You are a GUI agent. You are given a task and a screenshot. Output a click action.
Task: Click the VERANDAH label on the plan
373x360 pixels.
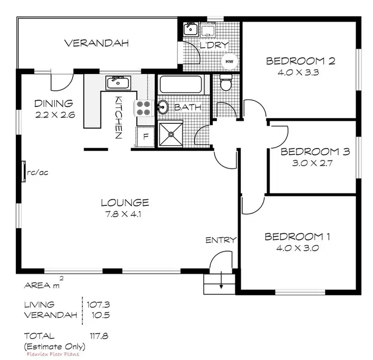click(x=97, y=44)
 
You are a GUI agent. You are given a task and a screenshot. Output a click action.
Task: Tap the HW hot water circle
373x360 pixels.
click(x=229, y=61)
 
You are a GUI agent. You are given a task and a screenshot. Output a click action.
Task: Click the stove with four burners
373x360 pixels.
click(x=144, y=108)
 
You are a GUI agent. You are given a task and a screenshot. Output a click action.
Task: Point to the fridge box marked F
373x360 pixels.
click(x=146, y=136)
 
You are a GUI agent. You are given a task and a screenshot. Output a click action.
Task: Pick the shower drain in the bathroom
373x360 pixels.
click(x=171, y=133)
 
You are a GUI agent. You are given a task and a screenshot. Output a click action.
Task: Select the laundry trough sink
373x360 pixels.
click(x=190, y=30)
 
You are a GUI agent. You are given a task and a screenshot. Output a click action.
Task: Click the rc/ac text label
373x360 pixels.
click(x=38, y=173)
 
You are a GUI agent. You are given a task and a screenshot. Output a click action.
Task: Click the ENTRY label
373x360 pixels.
click(x=220, y=240)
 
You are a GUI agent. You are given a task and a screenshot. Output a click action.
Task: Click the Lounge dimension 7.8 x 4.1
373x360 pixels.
click(x=124, y=214)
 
